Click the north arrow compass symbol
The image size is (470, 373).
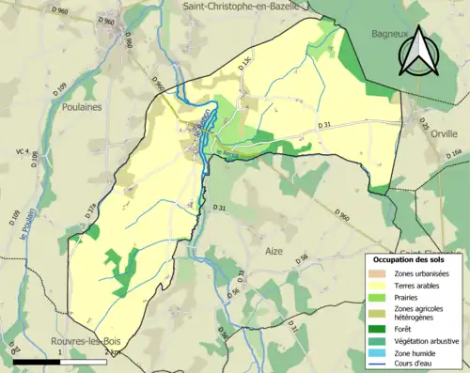pos(419,51)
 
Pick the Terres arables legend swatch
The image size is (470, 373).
pos(380,284)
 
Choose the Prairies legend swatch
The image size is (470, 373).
pos(380,296)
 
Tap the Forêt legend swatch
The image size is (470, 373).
pos(380,328)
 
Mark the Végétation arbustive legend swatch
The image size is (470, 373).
pos(380,340)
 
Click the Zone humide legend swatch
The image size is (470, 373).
pos(380,352)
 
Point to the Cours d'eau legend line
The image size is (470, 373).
pos(380,365)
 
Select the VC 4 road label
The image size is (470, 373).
pos(21,151)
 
